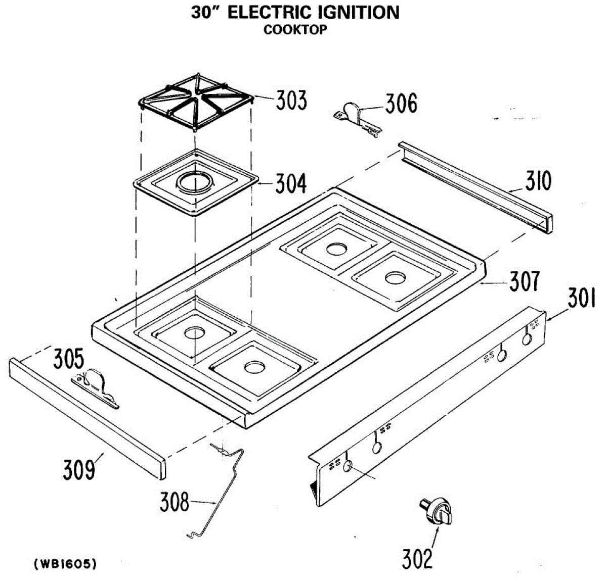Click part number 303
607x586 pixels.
click(x=291, y=100)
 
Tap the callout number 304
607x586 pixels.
click(x=291, y=183)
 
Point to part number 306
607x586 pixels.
click(x=401, y=104)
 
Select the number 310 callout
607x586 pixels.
click(x=538, y=181)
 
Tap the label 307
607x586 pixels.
click(x=524, y=281)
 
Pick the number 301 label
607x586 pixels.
click(x=582, y=298)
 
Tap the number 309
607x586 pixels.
click(x=79, y=469)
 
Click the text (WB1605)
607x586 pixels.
click(x=65, y=564)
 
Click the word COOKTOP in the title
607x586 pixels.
click(x=295, y=30)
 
